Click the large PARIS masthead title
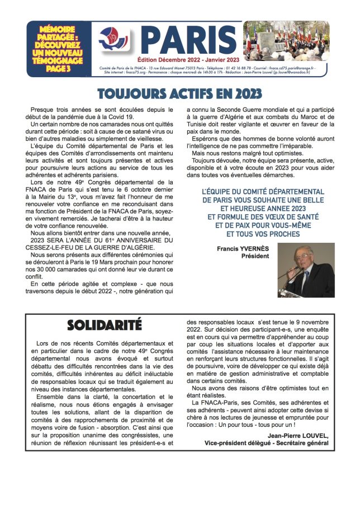pyautogui.click(x=188, y=39)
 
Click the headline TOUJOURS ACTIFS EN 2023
pyautogui.click(x=179, y=92)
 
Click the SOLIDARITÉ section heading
pyautogui.click(x=105, y=325)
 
